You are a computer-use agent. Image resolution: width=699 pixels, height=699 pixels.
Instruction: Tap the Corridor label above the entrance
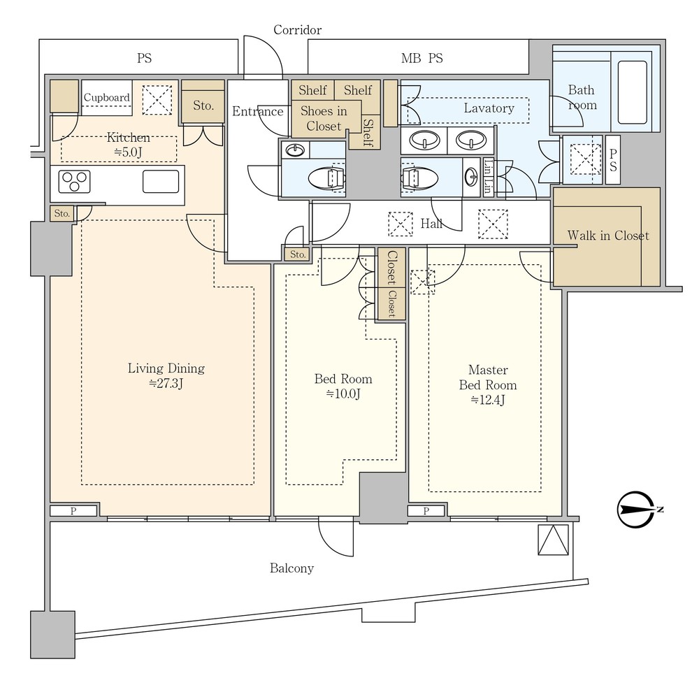click(x=297, y=30)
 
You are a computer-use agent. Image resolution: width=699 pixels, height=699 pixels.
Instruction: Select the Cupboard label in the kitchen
click(x=106, y=98)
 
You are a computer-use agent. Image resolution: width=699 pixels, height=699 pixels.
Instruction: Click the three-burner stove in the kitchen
click(x=74, y=182)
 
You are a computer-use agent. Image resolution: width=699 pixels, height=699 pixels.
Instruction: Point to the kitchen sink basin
click(x=161, y=182)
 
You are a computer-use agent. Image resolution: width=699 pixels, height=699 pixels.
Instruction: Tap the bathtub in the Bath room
click(x=633, y=92)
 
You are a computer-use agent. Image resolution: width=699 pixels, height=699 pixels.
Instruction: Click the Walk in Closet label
click(x=608, y=236)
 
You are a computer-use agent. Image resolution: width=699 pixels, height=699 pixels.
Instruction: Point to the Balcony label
click(x=292, y=568)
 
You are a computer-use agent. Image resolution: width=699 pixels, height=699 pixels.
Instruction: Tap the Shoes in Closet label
click(x=324, y=119)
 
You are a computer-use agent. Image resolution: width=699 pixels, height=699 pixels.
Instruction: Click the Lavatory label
click(x=489, y=108)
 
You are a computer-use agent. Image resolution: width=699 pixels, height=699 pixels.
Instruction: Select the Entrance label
click(x=258, y=111)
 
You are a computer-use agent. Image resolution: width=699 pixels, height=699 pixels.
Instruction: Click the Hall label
click(x=431, y=224)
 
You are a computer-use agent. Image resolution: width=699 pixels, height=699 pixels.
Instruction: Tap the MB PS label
click(x=422, y=59)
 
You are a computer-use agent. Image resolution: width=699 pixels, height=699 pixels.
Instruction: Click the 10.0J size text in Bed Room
click(x=343, y=394)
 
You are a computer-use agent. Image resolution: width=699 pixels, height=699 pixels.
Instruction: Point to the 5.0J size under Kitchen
click(x=128, y=152)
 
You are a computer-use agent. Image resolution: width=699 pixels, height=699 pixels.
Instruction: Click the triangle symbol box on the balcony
click(x=553, y=540)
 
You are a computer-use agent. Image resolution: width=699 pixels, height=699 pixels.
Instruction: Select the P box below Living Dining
click(x=73, y=511)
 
